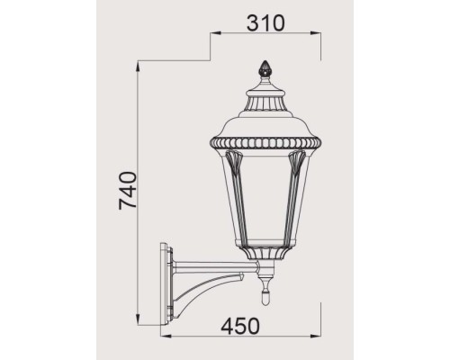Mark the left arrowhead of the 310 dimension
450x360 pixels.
pyautogui.click(x=211, y=35)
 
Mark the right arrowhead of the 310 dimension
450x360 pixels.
pyautogui.click(x=319, y=35)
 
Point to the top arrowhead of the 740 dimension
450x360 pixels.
pyautogui.click(x=138, y=65)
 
